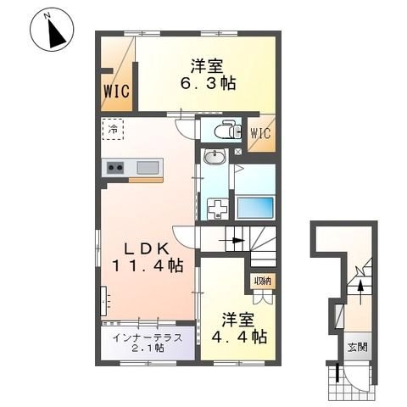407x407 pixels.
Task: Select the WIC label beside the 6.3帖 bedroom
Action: (117, 92)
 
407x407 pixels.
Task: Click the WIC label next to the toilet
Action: (260, 132)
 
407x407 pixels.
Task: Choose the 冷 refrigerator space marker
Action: (114, 129)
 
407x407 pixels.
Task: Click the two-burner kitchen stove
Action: (114, 168)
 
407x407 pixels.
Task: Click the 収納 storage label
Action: (261, 281)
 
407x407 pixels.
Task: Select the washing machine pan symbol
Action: (220, 208)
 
